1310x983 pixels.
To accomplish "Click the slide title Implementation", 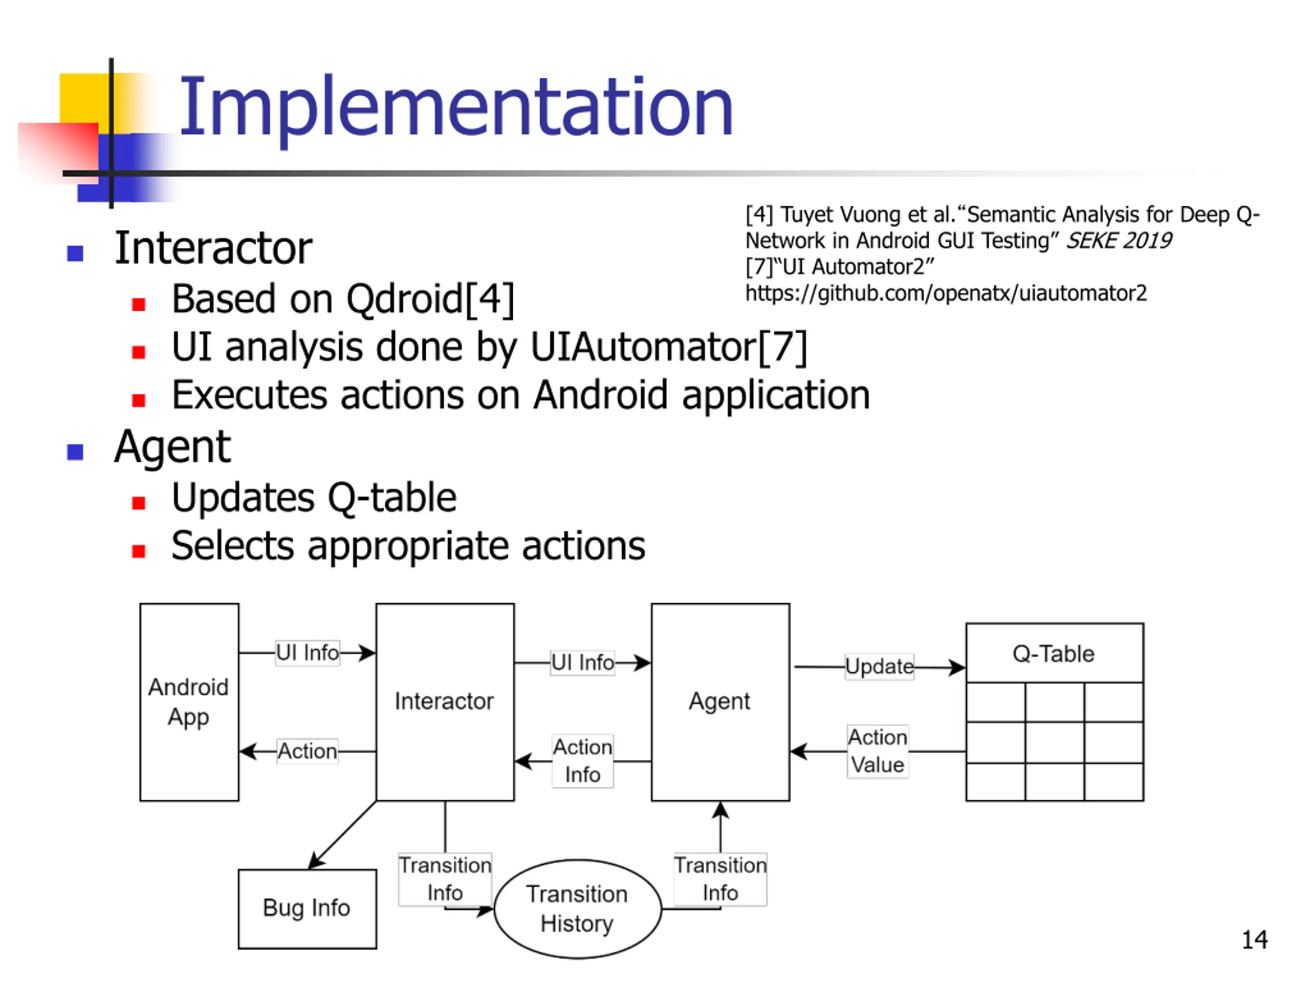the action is [x=456, y=108].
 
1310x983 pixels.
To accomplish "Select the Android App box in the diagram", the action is [x=189, y=702].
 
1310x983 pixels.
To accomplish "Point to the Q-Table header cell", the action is [x=1055, y=653].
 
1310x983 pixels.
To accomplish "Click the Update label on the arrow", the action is [x=880, y=667].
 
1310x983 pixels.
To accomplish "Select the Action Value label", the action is [x=878, y=751].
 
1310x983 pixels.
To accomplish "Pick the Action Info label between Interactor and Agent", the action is [x=583, y=761].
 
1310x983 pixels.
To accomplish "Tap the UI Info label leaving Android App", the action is [x=308, y=653].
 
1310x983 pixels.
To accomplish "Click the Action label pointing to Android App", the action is [x=308, y=751].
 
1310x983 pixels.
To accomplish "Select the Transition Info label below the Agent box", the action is [x=720, y=879].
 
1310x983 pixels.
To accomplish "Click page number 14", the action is [x=1254, y=940].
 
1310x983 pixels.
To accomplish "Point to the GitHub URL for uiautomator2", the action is [x=946, y=293].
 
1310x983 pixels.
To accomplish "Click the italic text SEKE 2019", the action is [x=1119, y=241].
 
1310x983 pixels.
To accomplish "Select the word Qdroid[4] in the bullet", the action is [x=430, y=298].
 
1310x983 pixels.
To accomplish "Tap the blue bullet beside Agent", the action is [x=75, y=452].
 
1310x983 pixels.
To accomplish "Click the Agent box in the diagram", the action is [x=720, y=702].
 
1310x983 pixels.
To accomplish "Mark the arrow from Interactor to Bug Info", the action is [x=342, y=836].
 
